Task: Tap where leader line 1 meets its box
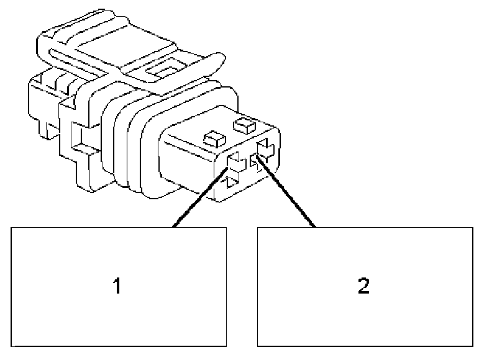(175, 227)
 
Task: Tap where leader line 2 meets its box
(315, 227)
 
